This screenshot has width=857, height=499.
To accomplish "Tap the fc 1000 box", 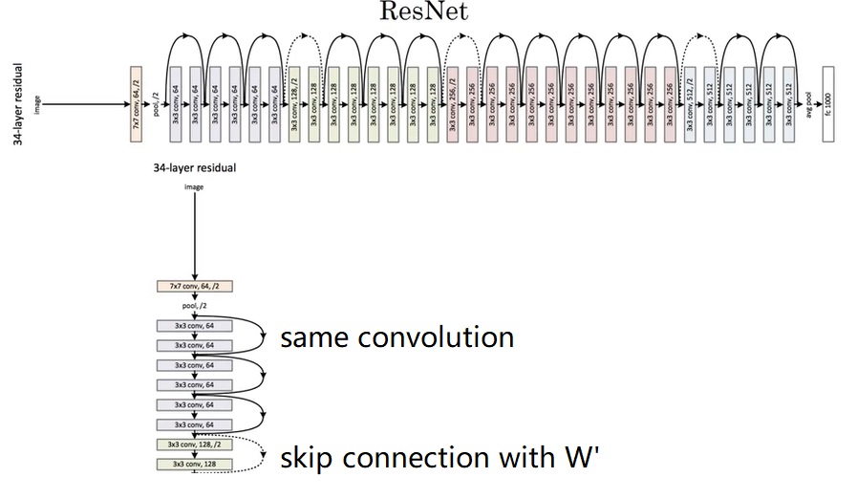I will click(827, 103).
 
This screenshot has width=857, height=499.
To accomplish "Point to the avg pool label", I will click(808, 104).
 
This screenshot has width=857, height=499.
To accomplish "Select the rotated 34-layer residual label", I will click(16, 105).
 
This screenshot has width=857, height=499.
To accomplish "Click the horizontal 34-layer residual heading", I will click(194, 167).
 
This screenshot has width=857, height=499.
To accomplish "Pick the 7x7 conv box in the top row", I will click(136, 103).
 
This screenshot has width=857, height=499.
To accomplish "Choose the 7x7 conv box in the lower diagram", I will click(194, 286).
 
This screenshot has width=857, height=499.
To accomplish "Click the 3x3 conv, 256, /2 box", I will click(452, 103).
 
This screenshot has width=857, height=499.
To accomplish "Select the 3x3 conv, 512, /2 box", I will click(690, 103).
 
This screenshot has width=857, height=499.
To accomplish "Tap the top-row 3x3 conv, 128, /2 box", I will click(294, 103).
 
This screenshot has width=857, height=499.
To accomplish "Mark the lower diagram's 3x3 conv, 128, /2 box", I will click(194, 445).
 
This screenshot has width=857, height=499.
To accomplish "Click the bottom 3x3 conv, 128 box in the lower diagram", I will click(194, 464).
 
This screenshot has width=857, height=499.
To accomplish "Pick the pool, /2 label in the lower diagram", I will click(194, 306).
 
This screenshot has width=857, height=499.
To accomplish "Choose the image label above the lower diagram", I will click(194, 187).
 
